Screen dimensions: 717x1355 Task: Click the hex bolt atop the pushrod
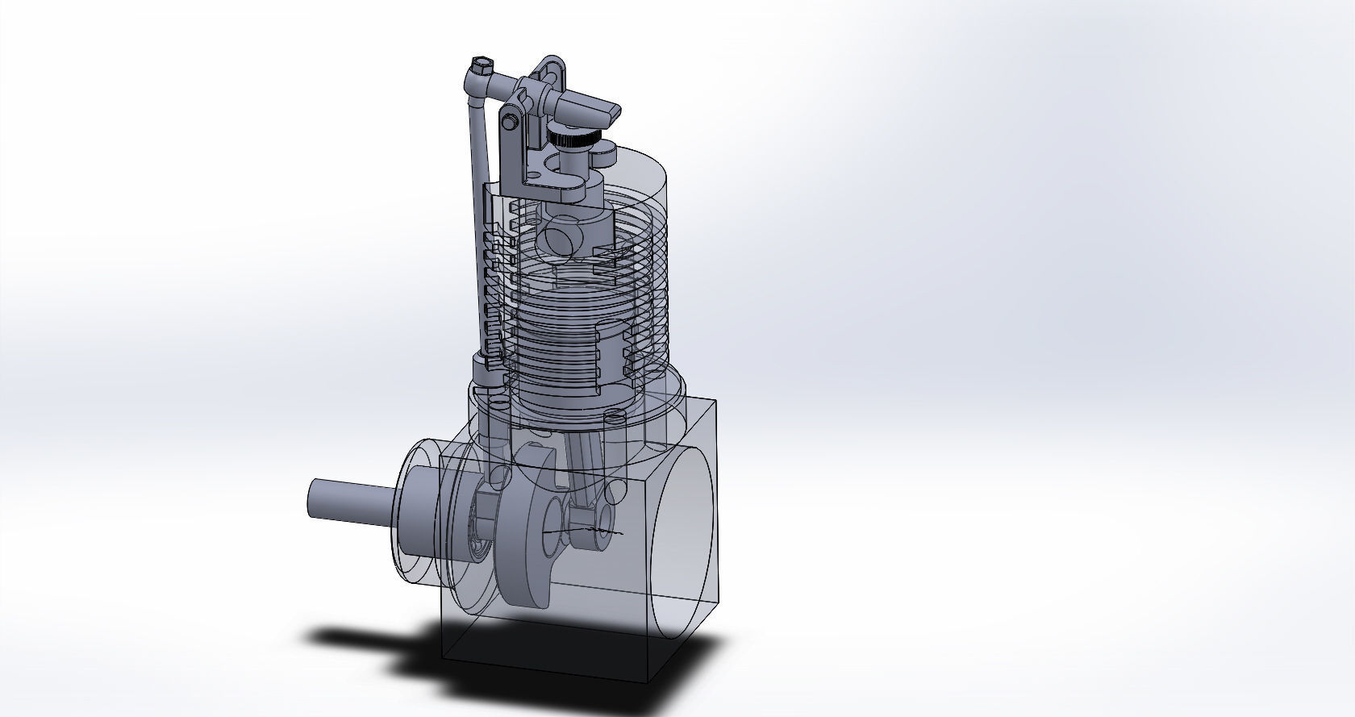(482, 64)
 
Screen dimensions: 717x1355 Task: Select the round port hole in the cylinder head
(558, 240)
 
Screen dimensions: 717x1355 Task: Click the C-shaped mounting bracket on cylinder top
(557, 181)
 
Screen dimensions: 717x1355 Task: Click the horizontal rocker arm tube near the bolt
(504, 82)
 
